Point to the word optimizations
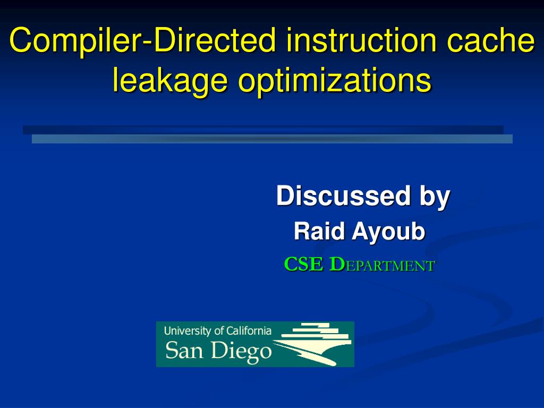334,81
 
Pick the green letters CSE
303,264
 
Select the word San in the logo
184,351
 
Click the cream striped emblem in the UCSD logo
314,343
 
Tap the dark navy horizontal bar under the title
263,130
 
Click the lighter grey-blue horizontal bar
272,139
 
